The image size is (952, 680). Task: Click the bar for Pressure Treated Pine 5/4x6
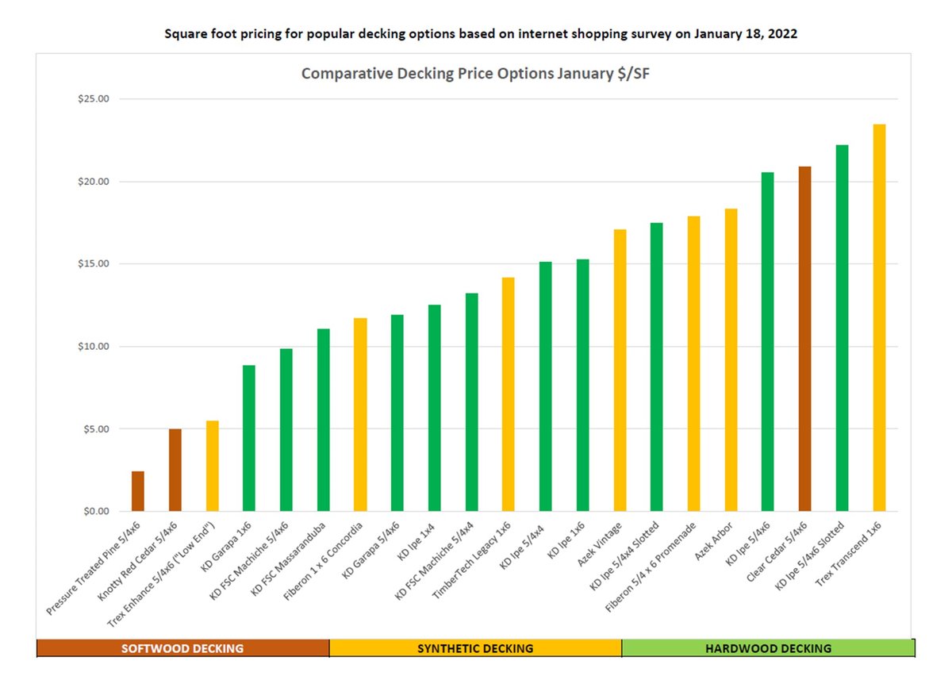(138, 491)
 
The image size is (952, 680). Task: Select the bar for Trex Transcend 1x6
(879, 317)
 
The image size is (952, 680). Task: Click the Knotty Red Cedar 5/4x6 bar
(175, 470)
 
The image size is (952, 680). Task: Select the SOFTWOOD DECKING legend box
(182, 648)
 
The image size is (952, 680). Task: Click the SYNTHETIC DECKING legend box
(475, 648)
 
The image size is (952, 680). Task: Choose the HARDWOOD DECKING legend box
(768, 648)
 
